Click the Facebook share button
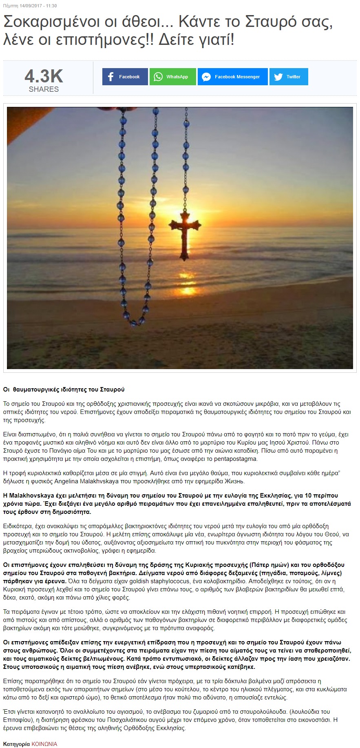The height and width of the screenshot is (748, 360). pyautogui.click(x=125, y=77)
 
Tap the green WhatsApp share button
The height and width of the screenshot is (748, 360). pyautogui.click(x=172, y=77)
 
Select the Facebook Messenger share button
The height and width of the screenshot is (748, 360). pyautogui.click(x=232, y=77)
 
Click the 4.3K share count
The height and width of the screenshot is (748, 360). pyautogui.click(x=44, y=76)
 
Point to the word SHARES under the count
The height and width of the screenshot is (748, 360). pyautogui.click(x=44, y=89)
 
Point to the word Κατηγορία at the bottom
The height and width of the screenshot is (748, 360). pyautogui.click(x=16, y=744)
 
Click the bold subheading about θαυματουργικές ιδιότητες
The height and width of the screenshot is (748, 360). pyautogui.click(x=64, y=389)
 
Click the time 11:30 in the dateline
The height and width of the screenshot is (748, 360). pyautogui.click(x=51, y=6)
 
